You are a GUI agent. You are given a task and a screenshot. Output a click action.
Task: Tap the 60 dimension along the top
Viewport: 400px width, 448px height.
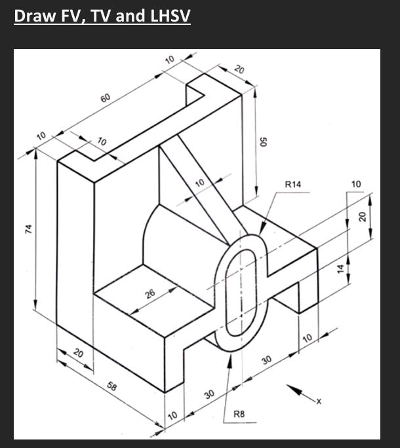[106, 98]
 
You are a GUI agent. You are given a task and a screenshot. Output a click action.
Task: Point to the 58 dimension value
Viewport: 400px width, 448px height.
[112, 388]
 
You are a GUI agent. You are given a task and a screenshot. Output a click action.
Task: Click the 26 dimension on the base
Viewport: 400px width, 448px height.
[151, 294]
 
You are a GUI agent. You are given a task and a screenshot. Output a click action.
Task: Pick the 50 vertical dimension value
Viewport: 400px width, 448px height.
[264, 142]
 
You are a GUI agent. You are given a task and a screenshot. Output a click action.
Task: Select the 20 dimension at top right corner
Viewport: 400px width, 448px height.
[239, 70]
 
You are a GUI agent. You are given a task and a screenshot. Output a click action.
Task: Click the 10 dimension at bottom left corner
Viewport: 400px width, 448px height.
[172, 416]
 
